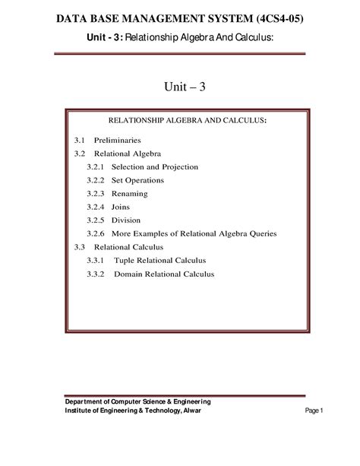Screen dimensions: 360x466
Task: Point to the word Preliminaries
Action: (x=118, y=141)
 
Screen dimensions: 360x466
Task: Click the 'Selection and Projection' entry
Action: (x=155, y=166)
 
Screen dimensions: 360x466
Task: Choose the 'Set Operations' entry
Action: (x=137, y=180)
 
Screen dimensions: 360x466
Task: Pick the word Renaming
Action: (x=130, y=194)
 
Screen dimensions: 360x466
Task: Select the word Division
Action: (x=126, y=220)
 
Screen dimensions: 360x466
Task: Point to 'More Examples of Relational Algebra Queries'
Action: (x=194, y=233)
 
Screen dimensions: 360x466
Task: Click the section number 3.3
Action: (x=80, y=247)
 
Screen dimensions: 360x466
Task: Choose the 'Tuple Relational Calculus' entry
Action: (x=159, y=261)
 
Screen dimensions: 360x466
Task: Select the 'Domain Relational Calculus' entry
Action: (x=164, y=274)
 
